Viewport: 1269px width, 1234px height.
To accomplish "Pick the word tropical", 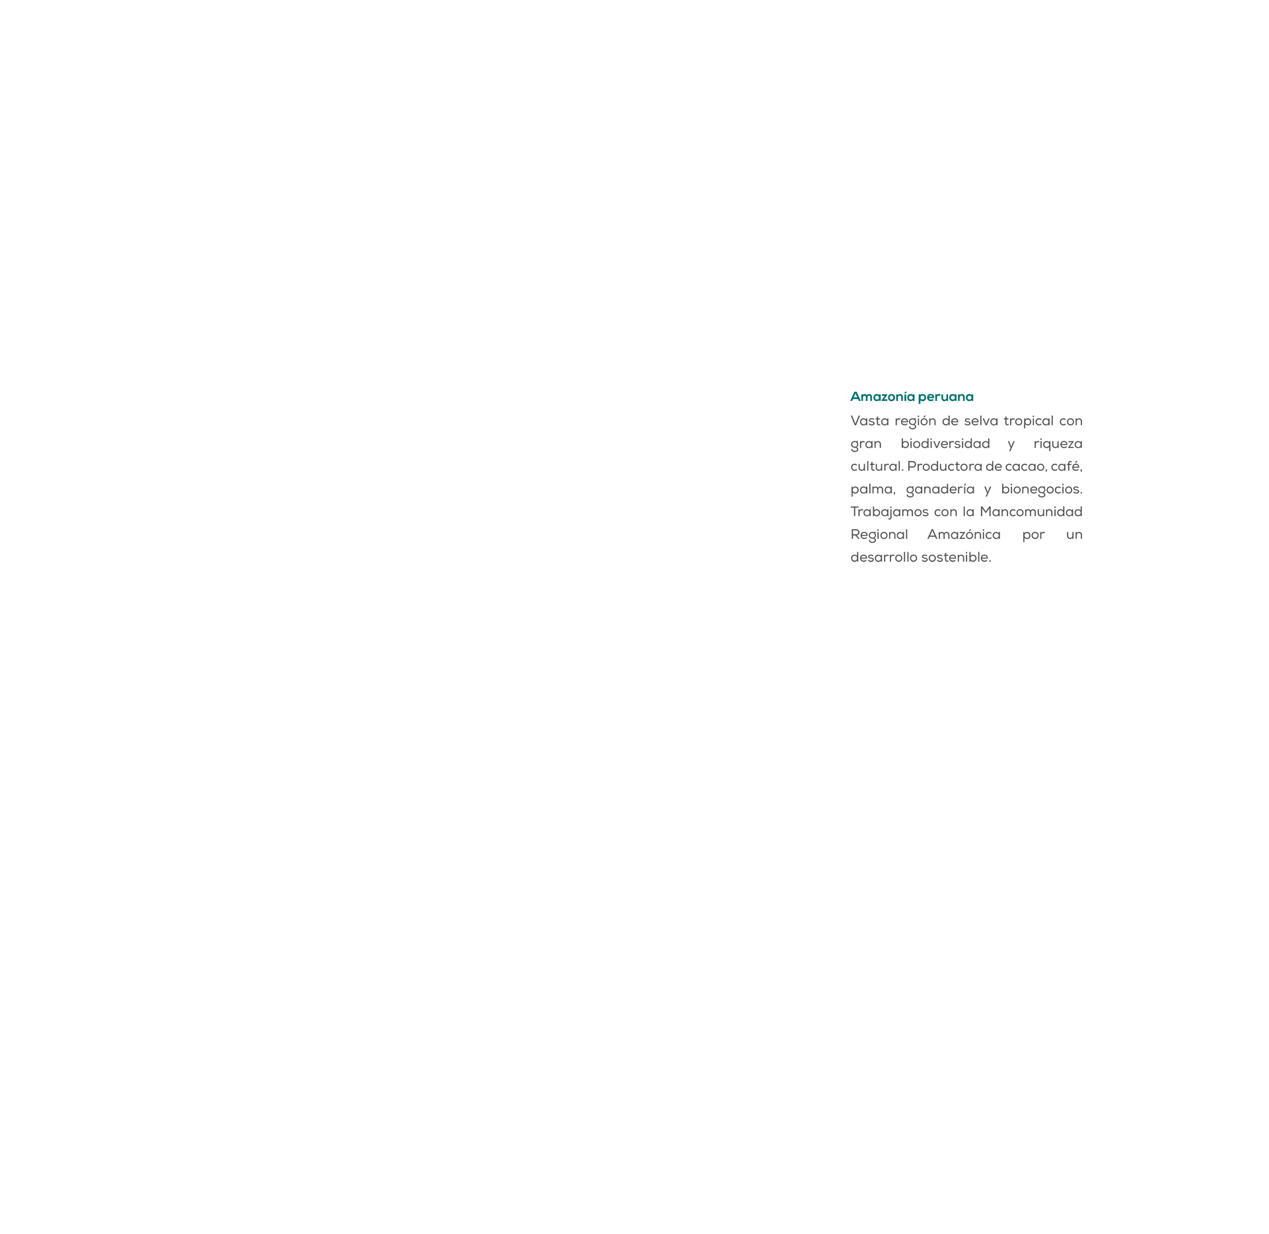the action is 1029,421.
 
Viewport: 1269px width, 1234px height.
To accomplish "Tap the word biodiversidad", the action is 945,443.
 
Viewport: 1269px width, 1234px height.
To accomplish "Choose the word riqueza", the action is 1058,444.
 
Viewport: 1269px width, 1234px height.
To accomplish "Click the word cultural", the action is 877,466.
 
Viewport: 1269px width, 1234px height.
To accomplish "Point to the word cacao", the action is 1026,467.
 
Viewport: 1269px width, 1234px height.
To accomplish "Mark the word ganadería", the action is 940,490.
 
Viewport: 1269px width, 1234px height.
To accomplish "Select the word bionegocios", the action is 1042,490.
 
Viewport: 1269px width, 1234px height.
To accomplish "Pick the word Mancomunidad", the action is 1031,512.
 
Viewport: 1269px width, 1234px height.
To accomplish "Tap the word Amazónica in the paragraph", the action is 964,534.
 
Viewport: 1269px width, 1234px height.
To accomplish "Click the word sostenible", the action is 957,558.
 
